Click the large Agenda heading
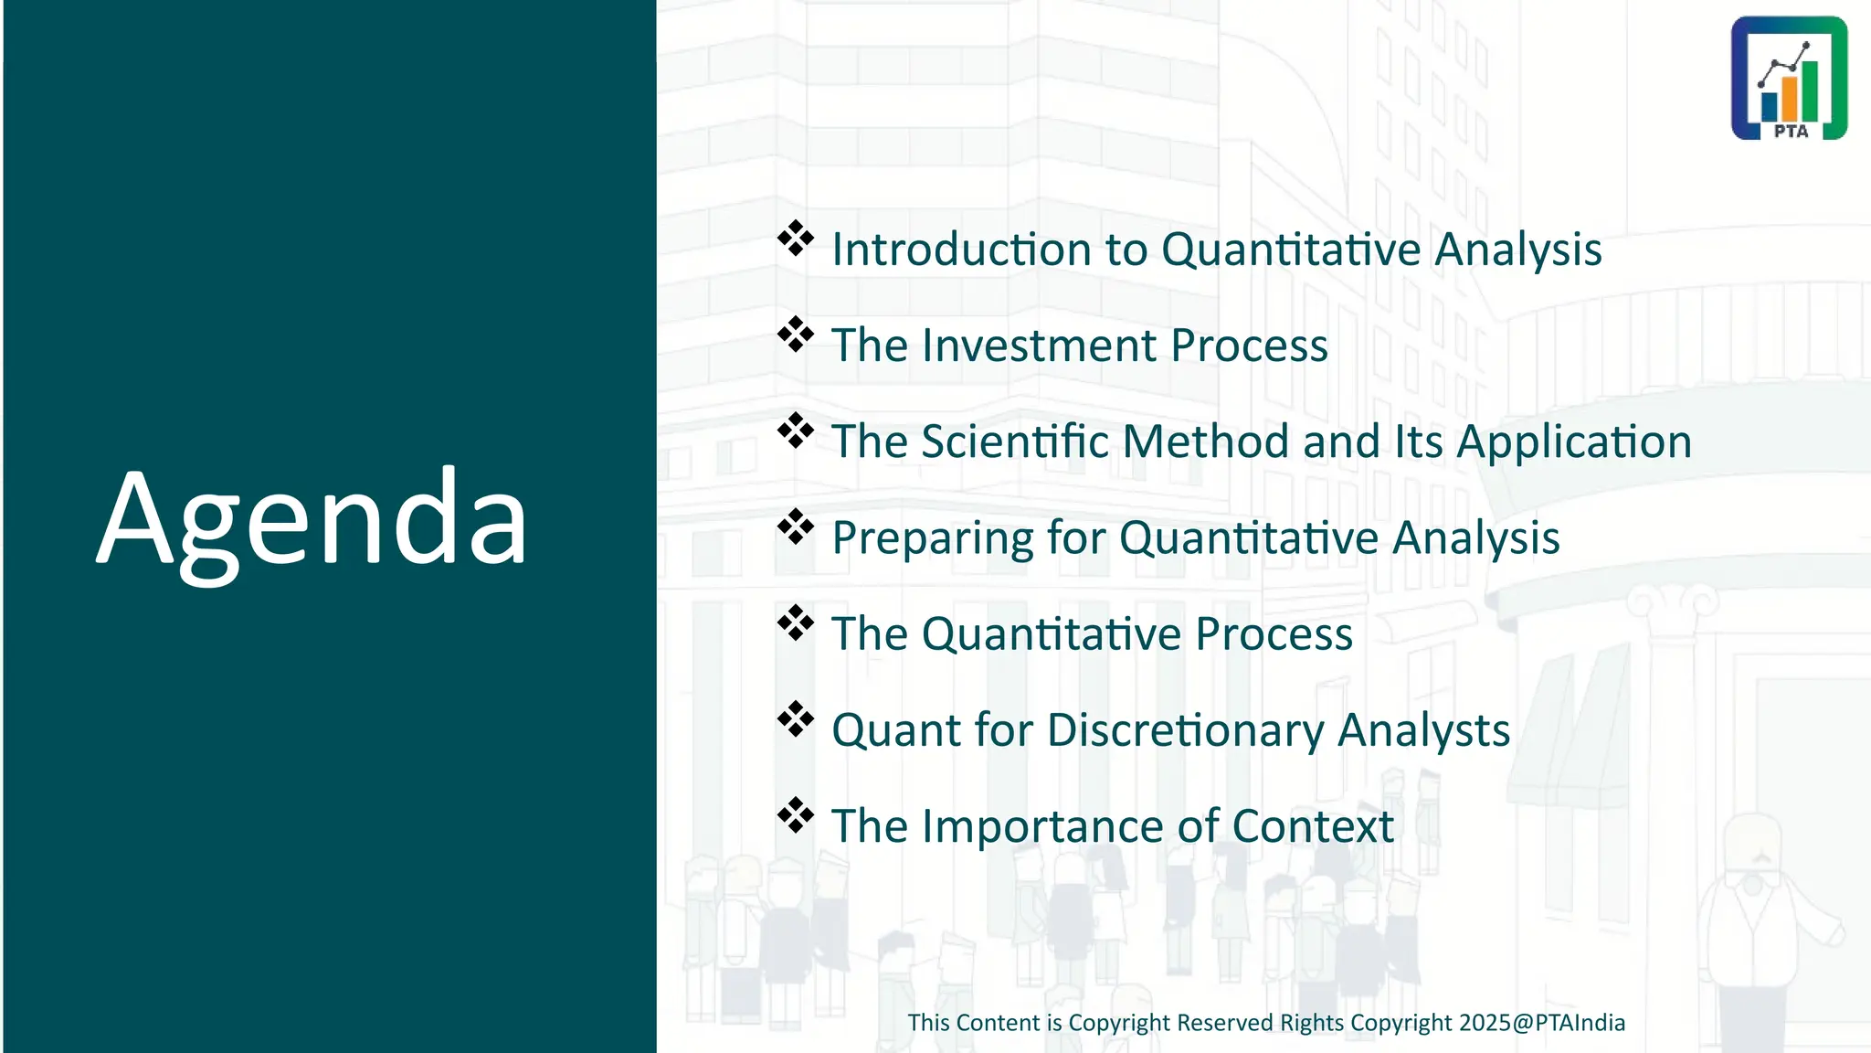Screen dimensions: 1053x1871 [x=312, y=519]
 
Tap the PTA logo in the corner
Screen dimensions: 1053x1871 [x=1789, y=78]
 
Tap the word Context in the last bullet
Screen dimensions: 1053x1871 [x=1312, y=826]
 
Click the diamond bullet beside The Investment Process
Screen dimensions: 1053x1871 [x=796, y=335]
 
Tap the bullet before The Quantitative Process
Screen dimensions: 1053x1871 [x=796, y=622]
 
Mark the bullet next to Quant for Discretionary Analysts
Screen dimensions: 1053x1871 [x=796, y=719]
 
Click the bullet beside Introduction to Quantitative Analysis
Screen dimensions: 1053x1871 [x=796, y=239]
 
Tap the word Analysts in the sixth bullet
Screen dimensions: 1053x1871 [x=1423, y=730]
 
